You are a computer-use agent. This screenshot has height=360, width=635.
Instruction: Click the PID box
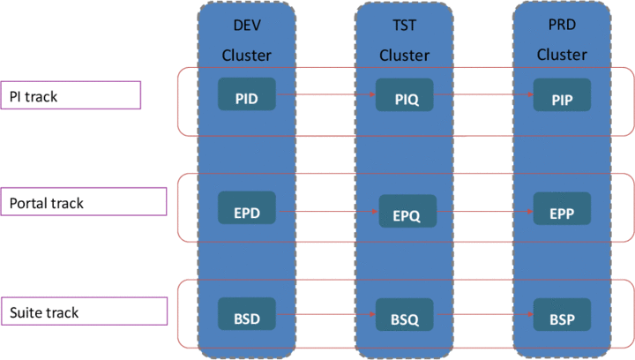click(x=247, y=94)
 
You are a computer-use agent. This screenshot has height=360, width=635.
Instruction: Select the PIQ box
click(x=405, y=95)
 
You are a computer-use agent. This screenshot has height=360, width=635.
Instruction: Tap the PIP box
click(x=562, y=98)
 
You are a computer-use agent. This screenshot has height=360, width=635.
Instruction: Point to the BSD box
click(x=247, y=313)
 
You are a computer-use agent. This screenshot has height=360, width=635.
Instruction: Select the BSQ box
click(x=405, y=316)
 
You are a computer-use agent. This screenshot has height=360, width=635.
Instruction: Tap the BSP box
click(x=562, y=315)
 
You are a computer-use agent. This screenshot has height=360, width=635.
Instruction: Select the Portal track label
click(x=83, y=202)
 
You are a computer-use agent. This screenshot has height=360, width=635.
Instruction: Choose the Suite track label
click(x=83, y=311)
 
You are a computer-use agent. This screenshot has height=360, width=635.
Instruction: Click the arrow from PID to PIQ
click(x=325, y=92)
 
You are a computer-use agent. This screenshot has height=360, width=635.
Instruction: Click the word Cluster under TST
click(x=404, y=55)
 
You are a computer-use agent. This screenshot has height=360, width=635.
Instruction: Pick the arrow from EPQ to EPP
click(x=485, y=212)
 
